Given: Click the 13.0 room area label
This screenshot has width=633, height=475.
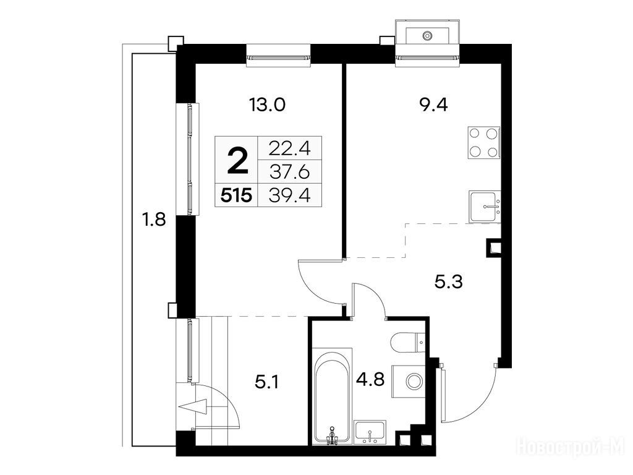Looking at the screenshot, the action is (267, 105).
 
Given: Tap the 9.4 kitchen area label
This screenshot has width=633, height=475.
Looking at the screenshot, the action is (433, 105).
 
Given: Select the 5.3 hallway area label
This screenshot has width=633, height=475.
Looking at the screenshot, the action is (449, 281).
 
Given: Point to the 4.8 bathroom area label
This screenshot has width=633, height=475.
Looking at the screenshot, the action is (370, 380).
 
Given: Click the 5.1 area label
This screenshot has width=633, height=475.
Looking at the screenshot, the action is (267, 382).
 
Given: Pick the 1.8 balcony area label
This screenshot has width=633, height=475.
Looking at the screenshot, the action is (153, 220).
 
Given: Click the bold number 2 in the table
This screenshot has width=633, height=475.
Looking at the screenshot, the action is (237, 160).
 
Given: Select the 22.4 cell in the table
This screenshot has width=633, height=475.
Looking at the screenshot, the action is (289, 148).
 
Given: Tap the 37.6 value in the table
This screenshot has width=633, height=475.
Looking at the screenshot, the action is (289, 173).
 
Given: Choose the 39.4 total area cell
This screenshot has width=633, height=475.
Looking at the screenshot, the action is (289, 196).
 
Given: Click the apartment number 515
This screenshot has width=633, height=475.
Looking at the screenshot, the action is (237, 196).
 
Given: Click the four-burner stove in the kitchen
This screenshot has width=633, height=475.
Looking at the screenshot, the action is (483, 143).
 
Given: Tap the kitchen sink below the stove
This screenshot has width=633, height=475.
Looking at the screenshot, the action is (485, 207).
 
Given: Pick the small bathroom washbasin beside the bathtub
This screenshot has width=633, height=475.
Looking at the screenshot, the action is (370, 432).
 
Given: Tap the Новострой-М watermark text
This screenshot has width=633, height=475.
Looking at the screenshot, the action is (571, 446).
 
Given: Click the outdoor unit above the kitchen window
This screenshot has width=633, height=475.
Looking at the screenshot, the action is (427, 31).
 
